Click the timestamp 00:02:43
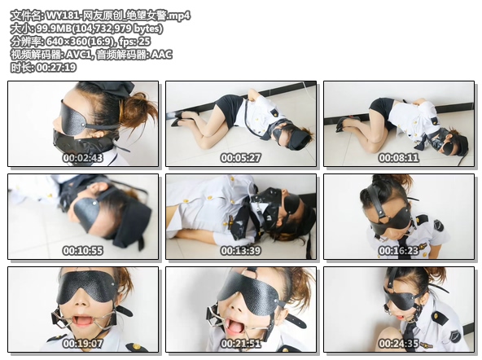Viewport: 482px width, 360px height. click(x=83, y=158)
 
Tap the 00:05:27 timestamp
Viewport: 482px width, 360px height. click(x=241, y=158)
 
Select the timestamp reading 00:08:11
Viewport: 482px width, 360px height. click(x=399, y=158)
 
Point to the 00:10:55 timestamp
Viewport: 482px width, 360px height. click(x=83, y=251)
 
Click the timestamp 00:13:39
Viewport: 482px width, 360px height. click(x=241, y=251)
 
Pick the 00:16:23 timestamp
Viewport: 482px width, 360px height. click(x=399, y=251)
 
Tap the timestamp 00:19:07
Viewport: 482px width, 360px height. click(x=83, y=344)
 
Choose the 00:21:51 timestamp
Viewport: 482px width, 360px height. click(x=241, y=344)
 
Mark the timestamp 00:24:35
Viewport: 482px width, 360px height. click(x=399, y=344)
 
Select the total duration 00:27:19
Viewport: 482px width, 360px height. click(x=56, y=68)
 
